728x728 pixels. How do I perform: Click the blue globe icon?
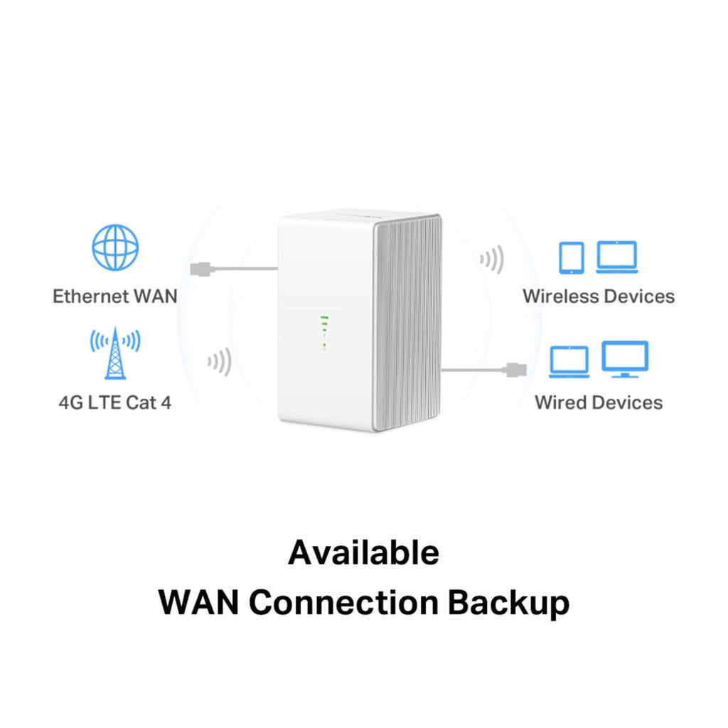click(x=115, y=247)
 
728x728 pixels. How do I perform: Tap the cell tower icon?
click(x=115, y=353)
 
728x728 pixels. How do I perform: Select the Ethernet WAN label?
click(x=115, y=296)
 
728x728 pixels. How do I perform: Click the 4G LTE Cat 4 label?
click(x=115, y=402)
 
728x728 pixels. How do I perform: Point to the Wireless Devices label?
click(x=599, y=296)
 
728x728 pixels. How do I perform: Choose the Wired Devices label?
click(x=599, y=402)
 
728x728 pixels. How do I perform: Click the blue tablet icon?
click(x=572, y=257)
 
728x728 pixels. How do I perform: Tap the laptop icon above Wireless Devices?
click(x=617, y=257)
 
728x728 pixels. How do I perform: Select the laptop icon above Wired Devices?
click(x=569, y=362)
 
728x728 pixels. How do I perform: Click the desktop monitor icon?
click(x=625, y=359)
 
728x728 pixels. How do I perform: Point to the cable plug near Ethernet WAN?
click(x=200, y=269)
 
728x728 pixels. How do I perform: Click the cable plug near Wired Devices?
click(x=515, y=370)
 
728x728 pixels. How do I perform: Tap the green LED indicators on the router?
click(x=324, y=333)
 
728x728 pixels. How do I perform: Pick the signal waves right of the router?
click(x=492, y=259)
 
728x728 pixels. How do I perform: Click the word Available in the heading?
click(x=363, y=552)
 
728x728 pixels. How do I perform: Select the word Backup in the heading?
click(x=508, y=602)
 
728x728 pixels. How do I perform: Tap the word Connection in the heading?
click(x=343, y=602)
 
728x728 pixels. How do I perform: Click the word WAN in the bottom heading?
click(x=199, y=602)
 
